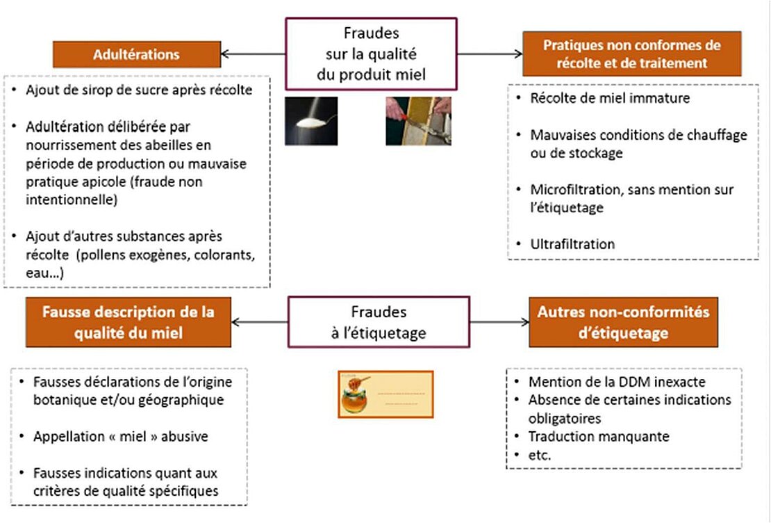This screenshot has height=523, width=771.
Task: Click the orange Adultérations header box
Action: point(136,54)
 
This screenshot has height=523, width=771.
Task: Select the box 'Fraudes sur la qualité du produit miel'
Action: point(371,54)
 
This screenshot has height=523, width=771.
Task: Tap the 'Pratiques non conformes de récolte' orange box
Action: point(631,54)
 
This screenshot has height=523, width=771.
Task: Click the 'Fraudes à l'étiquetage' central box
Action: point(379,322)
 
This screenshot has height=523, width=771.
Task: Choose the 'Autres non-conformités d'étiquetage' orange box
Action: point(623,322)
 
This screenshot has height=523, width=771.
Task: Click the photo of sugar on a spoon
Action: point(310,121)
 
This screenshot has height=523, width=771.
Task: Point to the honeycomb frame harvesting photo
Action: point(418,120)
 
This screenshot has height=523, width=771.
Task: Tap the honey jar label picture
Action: point(385,394)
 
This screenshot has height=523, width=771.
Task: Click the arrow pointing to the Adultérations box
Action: point(253,54)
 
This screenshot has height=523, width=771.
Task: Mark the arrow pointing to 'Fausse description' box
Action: point(258,322)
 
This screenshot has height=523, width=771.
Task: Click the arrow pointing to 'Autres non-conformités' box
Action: point(499,322)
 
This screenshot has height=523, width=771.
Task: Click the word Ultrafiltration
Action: point(572,244)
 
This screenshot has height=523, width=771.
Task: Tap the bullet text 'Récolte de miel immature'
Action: point(609,98)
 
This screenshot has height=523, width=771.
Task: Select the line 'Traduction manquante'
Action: point(598,437)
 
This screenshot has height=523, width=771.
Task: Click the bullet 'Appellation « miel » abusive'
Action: point(120,437)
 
